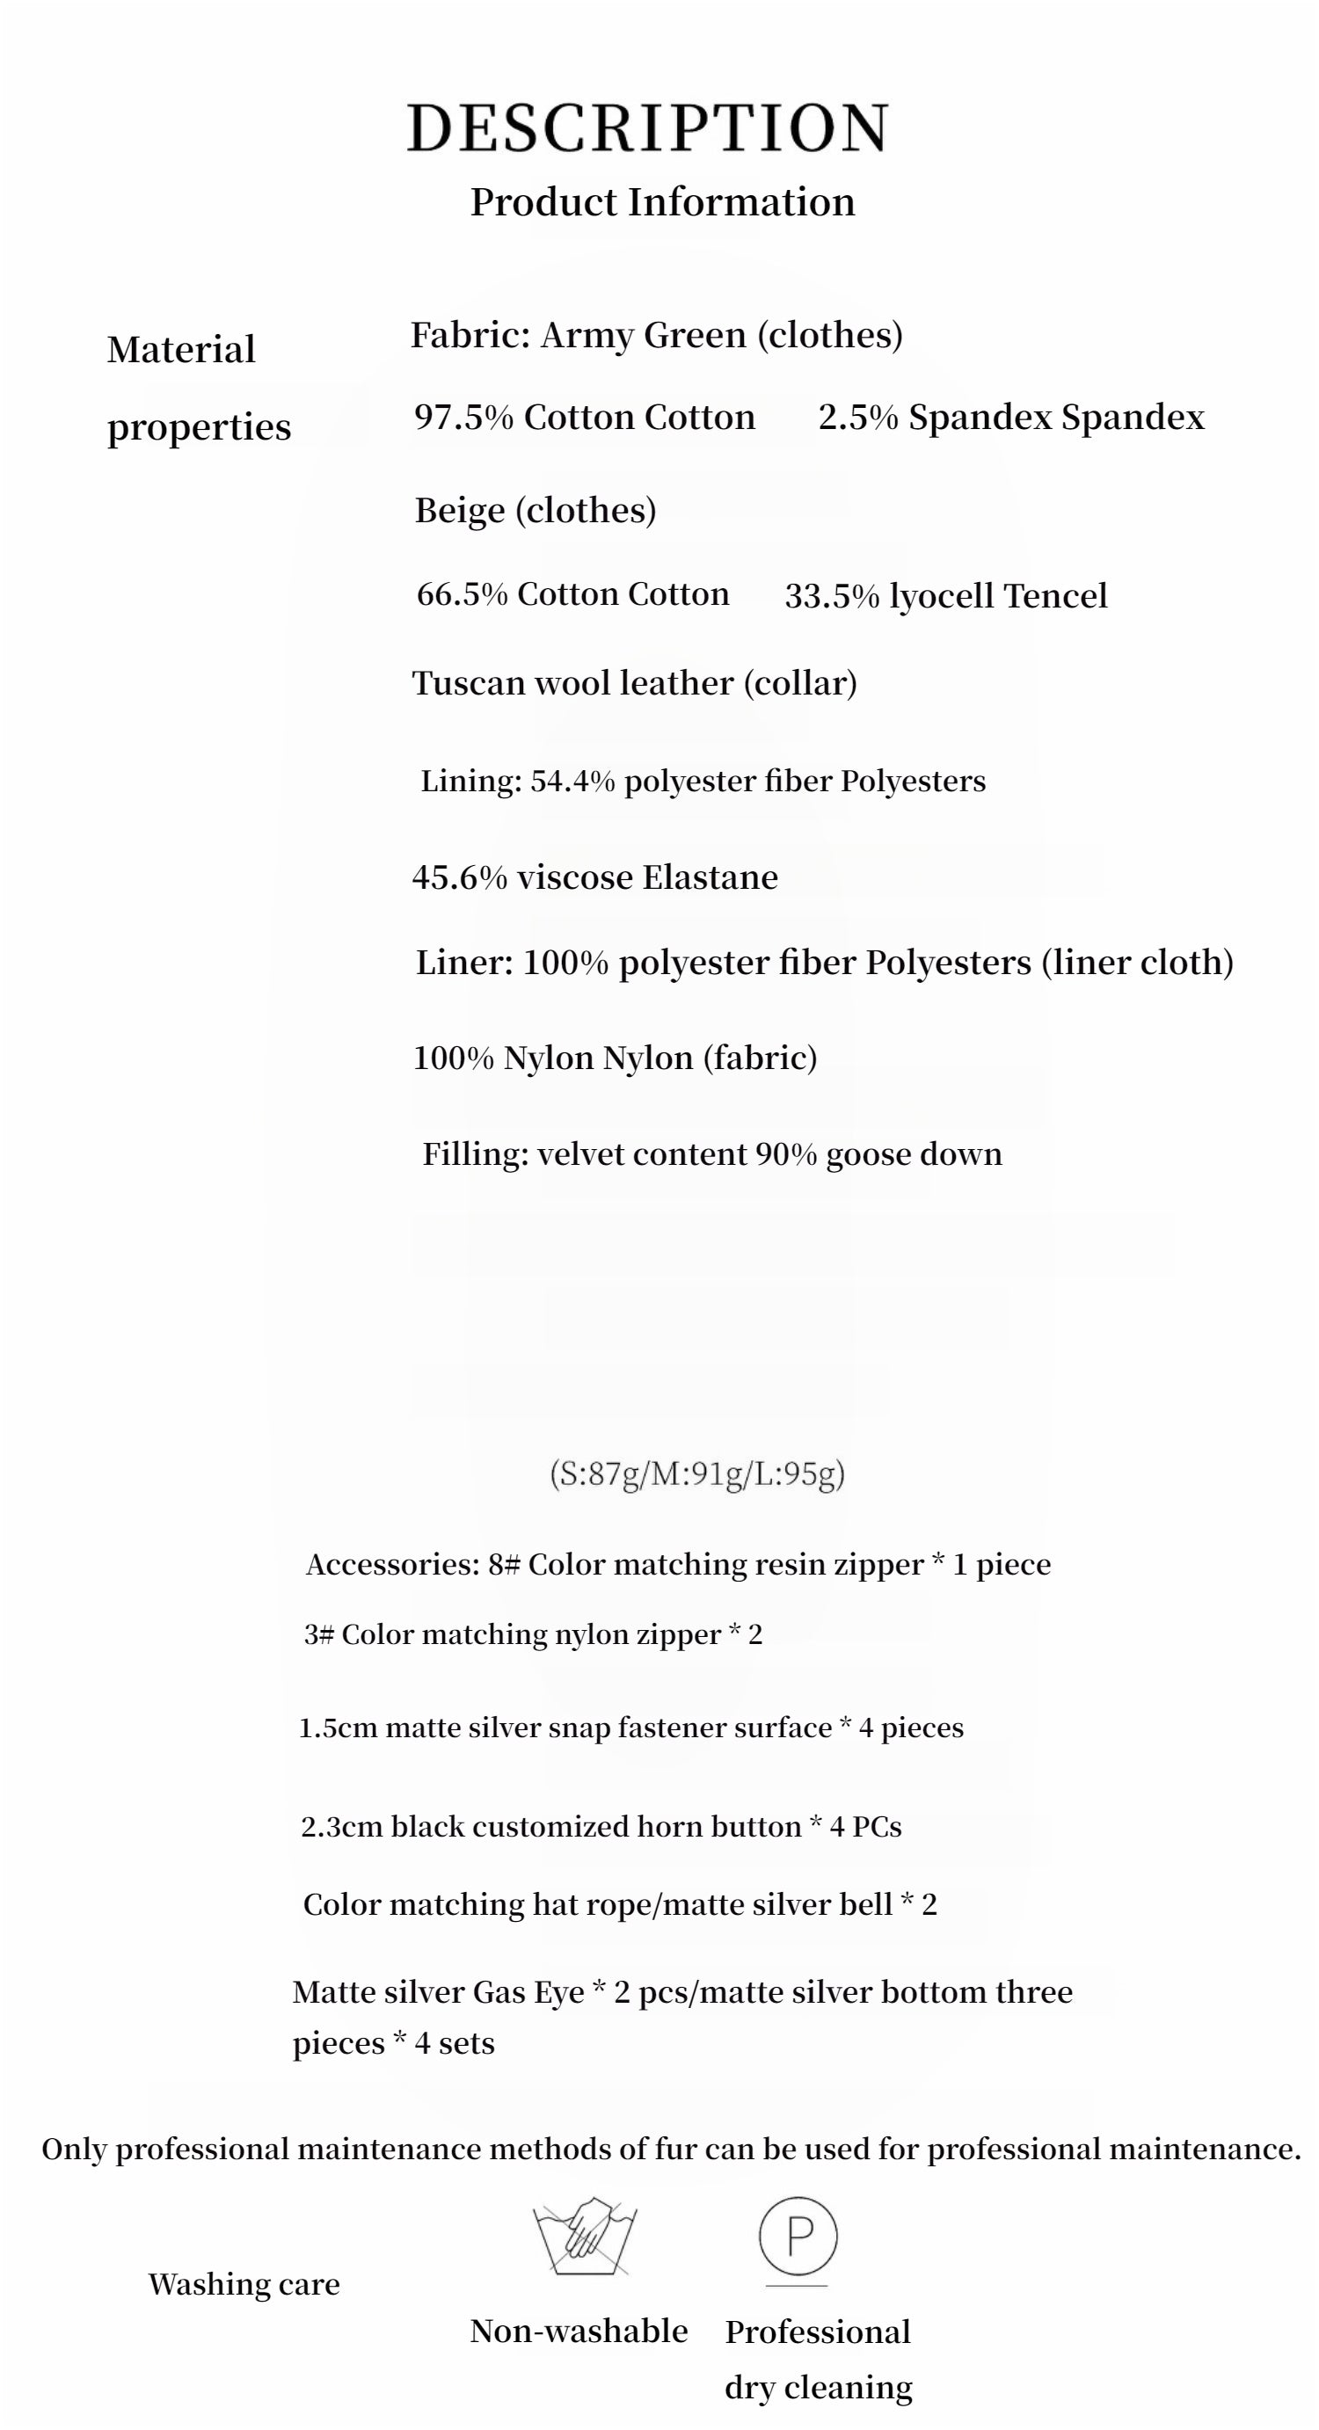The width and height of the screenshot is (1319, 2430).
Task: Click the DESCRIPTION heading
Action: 648,128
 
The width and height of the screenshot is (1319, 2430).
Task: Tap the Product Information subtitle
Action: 662,202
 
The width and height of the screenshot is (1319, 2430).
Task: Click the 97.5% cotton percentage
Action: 463,417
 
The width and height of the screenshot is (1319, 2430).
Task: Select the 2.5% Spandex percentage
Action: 857,417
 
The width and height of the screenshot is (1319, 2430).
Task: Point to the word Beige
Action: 460,510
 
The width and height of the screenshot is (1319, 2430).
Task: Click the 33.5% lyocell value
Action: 832,596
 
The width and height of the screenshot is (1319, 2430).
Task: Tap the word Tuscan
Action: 468,683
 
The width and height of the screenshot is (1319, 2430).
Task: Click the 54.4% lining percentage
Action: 572,781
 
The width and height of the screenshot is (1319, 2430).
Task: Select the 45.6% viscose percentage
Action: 460,877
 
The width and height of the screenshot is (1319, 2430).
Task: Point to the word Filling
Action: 475,1153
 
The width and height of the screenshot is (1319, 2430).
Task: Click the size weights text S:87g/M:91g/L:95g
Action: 697,1473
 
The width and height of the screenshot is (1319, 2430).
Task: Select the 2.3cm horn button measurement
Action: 339,1826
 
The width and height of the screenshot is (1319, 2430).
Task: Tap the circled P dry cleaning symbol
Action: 798,2236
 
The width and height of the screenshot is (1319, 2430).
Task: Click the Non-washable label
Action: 579,2331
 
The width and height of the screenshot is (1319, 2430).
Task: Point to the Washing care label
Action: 244,2284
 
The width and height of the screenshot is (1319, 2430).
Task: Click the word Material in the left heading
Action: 181,350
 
